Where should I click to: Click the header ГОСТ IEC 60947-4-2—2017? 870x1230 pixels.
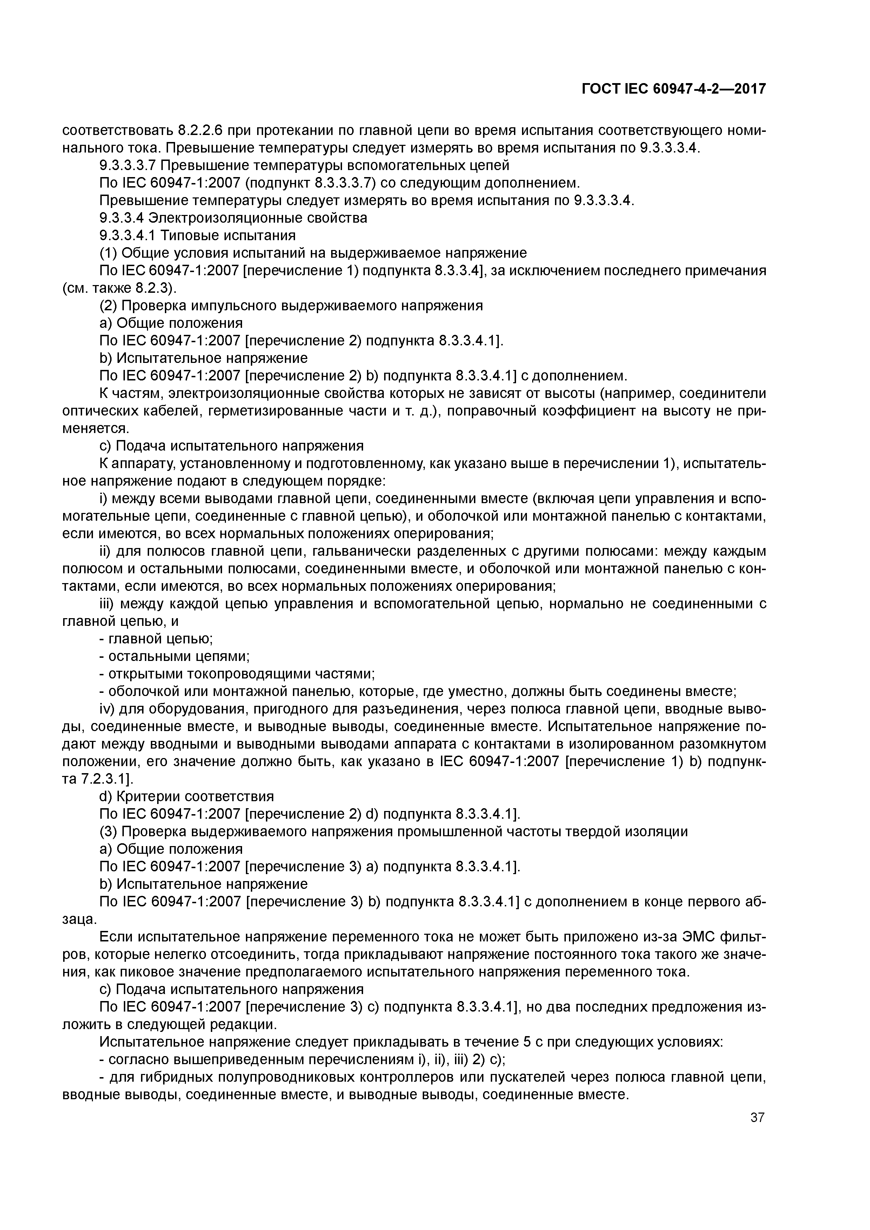[674, 89]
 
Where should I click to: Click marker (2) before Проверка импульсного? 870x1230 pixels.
[108, 306]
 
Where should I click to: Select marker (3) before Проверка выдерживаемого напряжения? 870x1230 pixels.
[108, 832]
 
